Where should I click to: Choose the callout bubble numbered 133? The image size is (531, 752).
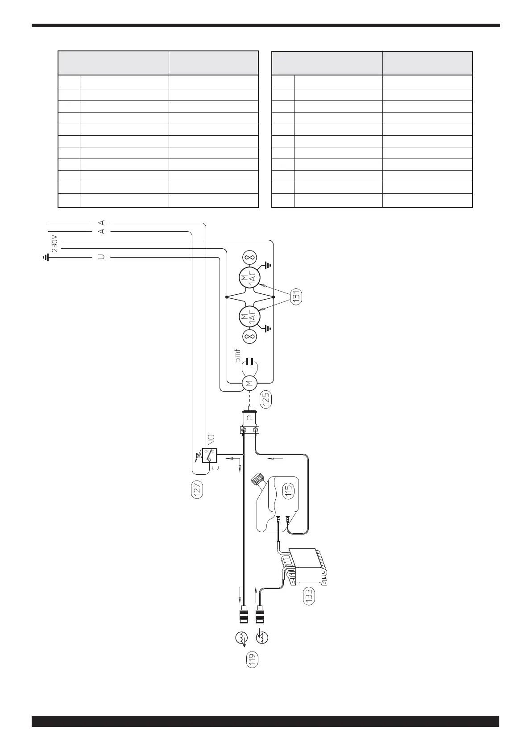pyautogui.click(x=309, y=596)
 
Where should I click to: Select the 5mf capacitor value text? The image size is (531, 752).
pyautogui.click(x=237, y=356)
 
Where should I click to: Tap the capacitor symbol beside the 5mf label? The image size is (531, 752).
pyautogui.click(x=250, y=361)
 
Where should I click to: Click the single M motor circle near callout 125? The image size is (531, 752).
pyautogui.click(x=249, y=383)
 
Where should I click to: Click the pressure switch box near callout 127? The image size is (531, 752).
pyautogui.click(x=209, y=455)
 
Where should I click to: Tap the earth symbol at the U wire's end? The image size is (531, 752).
pyautogui.click(x=46, y=257)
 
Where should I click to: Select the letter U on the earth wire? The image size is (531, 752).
pyautogui.click(x=101, y=258)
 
